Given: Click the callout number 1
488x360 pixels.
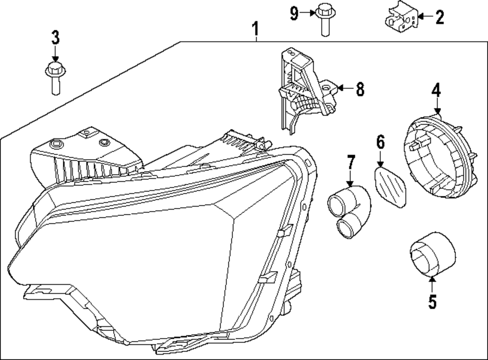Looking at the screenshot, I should tap(255, 30).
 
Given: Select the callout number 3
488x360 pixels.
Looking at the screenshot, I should tap(55, 37).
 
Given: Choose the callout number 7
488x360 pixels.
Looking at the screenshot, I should tap(350, 163).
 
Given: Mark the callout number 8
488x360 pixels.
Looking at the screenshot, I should tap(360, 89).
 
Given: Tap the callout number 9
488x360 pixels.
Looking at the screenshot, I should tap(294, 13).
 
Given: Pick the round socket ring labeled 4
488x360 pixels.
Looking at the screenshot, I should tap(436, 151).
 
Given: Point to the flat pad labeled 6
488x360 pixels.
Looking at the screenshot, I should tap(393, 187).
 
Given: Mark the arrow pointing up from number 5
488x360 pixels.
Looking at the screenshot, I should tap(432, 284).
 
